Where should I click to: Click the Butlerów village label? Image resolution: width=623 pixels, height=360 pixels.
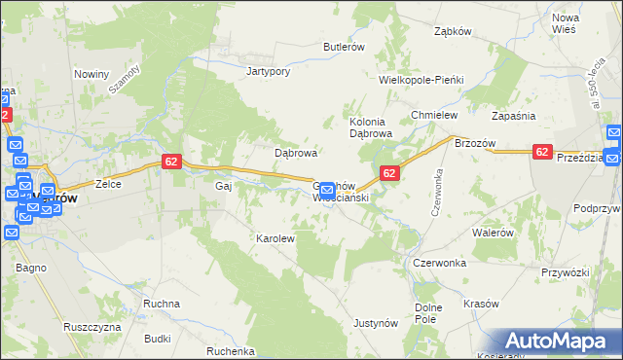(344, 47)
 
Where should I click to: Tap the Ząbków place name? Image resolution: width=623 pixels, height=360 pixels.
(453, 30)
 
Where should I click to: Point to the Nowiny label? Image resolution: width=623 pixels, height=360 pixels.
(92, 73)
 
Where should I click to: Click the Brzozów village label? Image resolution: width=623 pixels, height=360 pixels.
(476, 143)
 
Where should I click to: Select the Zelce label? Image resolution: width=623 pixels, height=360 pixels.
(107, 184)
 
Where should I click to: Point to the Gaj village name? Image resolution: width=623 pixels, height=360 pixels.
(222, 184)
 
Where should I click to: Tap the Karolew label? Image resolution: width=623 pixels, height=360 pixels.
(275, 238)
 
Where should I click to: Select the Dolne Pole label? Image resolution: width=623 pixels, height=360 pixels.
(428, 313)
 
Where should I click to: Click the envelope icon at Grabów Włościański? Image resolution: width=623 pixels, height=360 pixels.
(328, 189)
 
